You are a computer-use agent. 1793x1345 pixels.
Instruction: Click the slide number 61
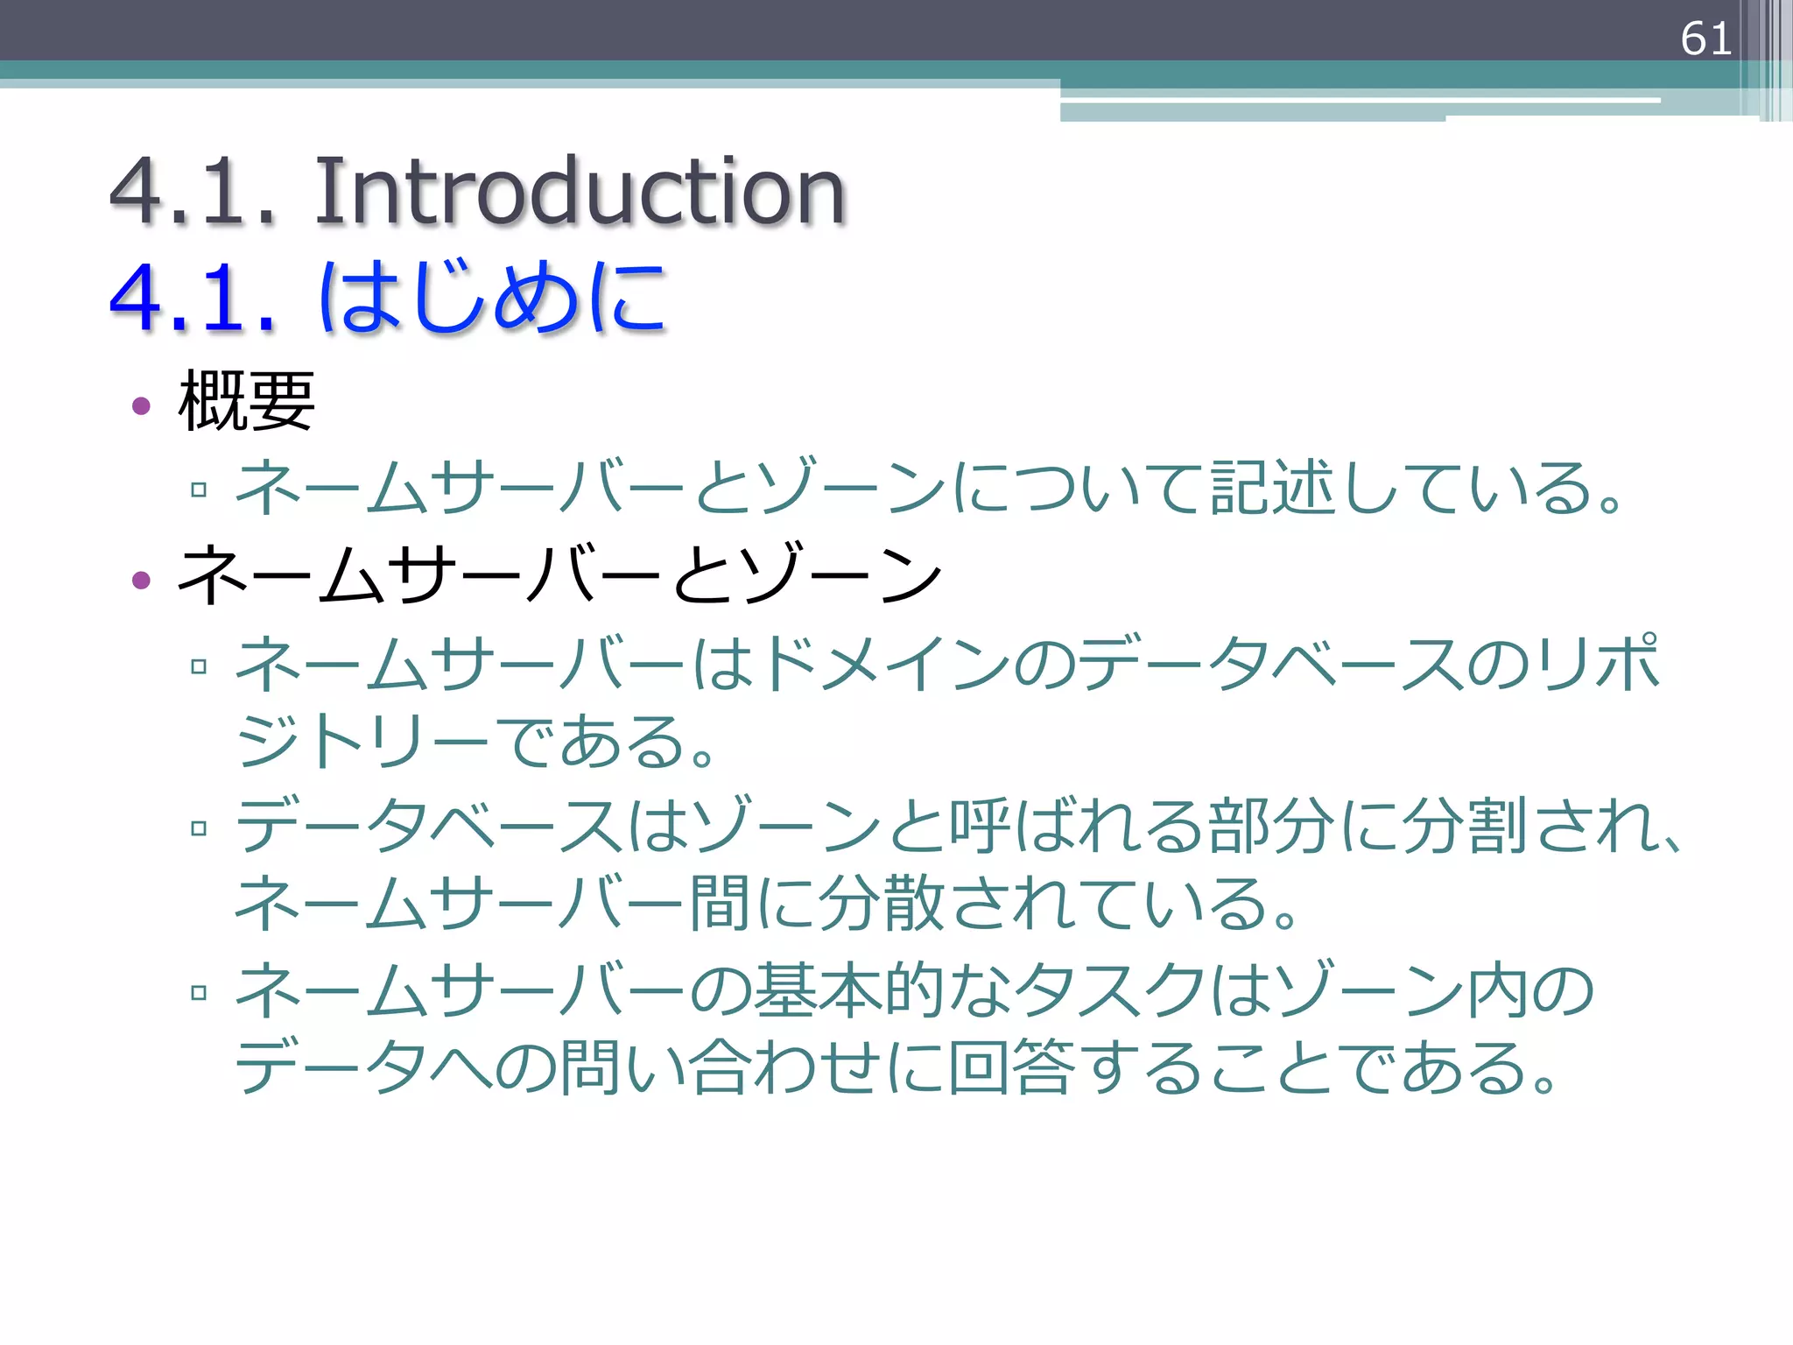pos(1705,39)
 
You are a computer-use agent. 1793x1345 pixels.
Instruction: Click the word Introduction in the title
pos(580,190)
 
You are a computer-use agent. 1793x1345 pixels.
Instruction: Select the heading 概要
pos(246,401)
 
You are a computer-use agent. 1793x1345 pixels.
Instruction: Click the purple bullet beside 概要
pos(141,405)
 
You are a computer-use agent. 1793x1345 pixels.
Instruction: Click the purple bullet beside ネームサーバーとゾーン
pos(141,580)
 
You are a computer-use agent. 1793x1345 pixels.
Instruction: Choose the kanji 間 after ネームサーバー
pos(720,904)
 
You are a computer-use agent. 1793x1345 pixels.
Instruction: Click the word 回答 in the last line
pos(1012,1068)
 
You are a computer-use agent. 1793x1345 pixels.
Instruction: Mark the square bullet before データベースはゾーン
pos(199,827)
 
